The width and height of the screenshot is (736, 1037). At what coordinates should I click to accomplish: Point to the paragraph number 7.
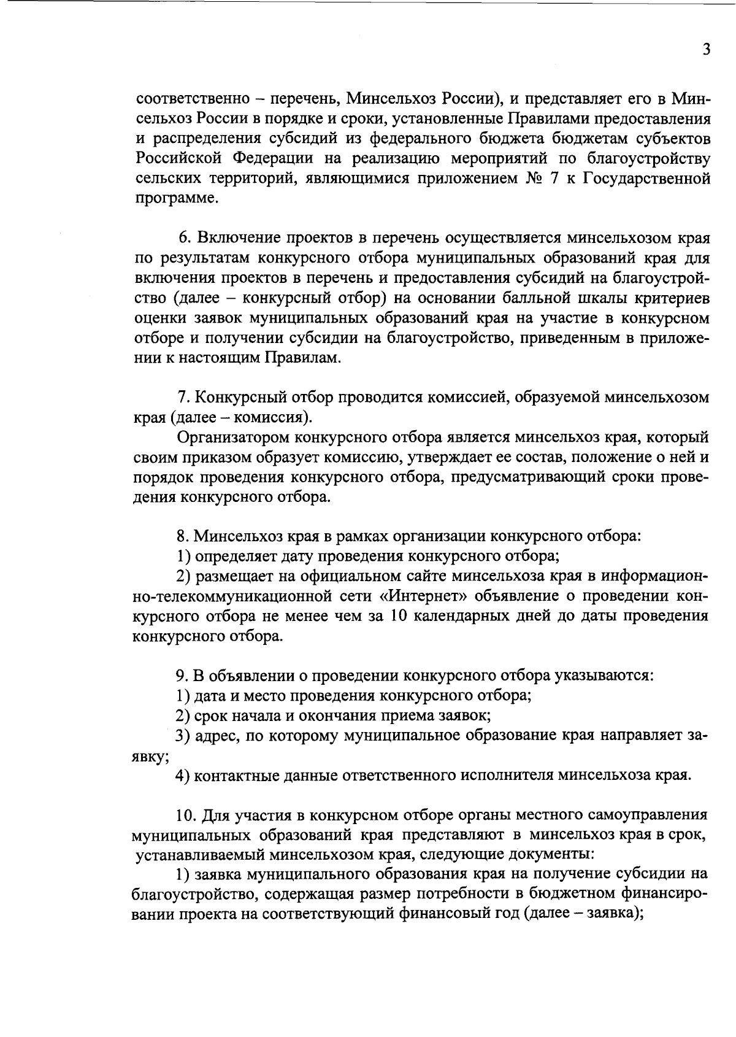182,398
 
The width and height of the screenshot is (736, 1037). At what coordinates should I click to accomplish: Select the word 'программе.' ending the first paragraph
175,199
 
